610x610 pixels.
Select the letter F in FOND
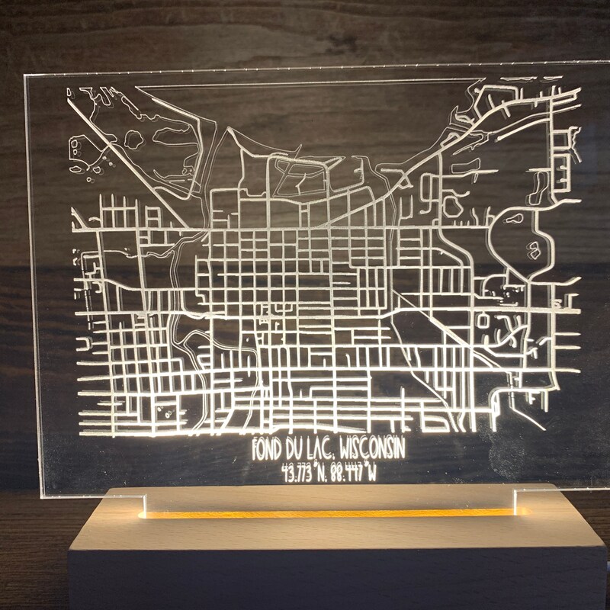pos(257,447)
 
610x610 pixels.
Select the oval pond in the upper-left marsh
pos(133,140)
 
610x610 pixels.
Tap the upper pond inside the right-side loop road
pos(512,220)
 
